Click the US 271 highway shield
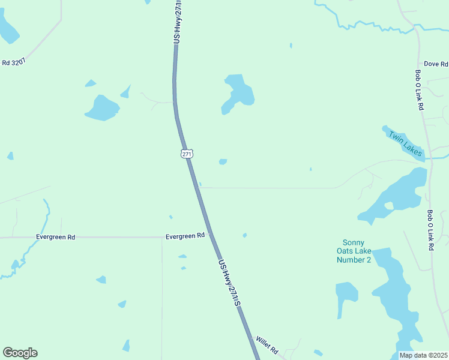tap(187, 154)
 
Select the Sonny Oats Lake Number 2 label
tap(354, 251)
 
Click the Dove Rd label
tap(436, 64)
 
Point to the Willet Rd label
tap(267, 344)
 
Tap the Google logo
tap(20, 352)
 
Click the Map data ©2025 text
tap(423, 355)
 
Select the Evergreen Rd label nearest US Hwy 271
tap(185, 236)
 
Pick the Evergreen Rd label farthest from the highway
tap(55, 237)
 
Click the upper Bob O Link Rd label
tap(419, 90)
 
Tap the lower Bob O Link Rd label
tap(430, 230)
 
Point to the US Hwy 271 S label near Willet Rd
tap(229, 283)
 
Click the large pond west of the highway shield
tap(103, 108)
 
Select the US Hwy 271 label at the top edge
tap(177, 21)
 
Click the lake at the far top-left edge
tap(8, 30)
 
